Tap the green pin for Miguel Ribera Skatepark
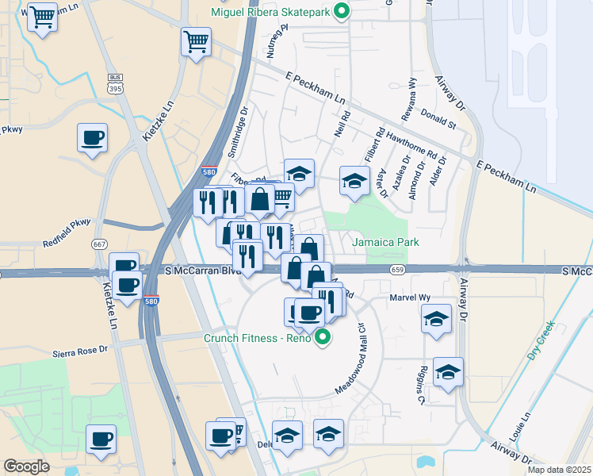coord(342,12)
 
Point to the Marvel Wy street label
coord(409,297)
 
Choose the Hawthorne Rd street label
coord(411,145)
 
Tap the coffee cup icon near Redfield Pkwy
coord(91,138)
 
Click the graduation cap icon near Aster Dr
coord(354,181)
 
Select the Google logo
coord(26,466)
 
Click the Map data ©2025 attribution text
coord(559,470)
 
